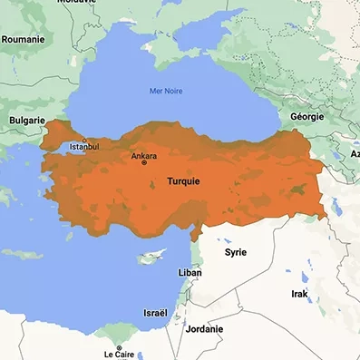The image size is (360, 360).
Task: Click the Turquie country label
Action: click(x=184, y=181)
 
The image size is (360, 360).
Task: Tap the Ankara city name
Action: click(x=143, y=155)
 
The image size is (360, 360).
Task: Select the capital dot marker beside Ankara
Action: click(x=143, y=162)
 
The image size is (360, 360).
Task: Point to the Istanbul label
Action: click(x=83, y=146)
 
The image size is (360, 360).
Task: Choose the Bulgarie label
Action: click(x=25, y=119)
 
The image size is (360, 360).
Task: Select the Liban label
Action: click(x=190, y=272)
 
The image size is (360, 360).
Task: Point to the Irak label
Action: click(x=299, y=295)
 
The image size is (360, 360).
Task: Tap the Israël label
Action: click(x=154, y=312)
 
